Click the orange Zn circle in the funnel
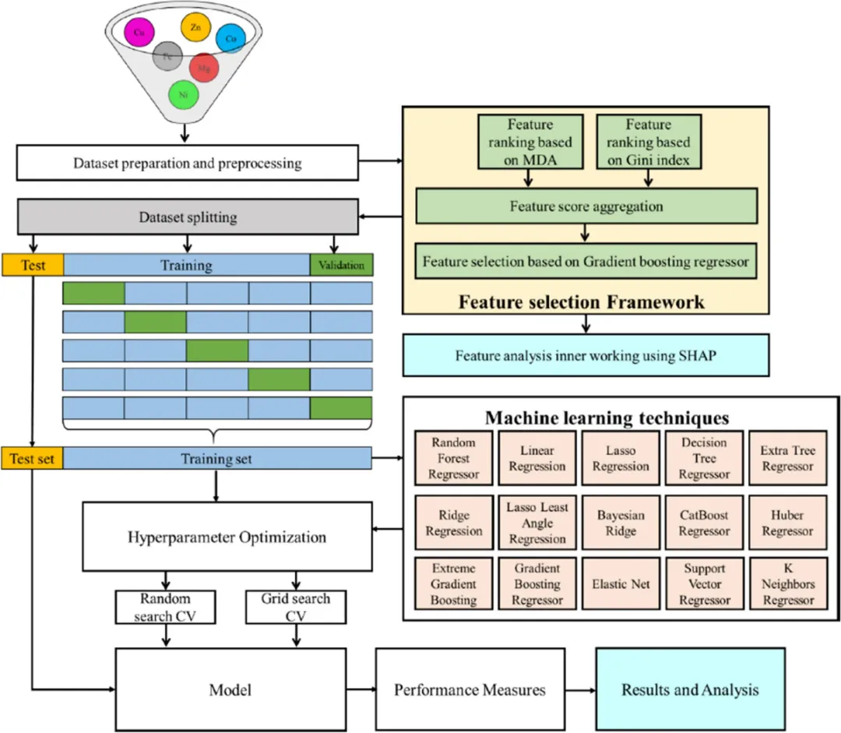[x=195, y=27]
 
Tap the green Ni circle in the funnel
[x=184, y=94]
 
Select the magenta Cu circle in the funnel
[x=139, y=33]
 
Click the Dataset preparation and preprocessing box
[x=187, y=164]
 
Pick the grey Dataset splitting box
[x=187, y=216]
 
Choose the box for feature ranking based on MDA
[x=530, y=142]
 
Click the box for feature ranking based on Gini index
[x=649, y=142]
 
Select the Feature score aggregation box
[x=586, y=206]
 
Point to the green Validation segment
[x=341, y=265]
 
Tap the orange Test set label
[x=32, y=459]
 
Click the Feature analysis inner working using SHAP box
[x=586, y=355]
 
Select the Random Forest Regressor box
[x=453, y=458]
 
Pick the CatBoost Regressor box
[x=703, y=523]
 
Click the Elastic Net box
[x=620, y=583]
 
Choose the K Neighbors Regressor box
[x=787, y=583]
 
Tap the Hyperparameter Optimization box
[x=227, y=537]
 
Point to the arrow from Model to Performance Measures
[x=361, y=689]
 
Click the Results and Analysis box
[x=690, y=689]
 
